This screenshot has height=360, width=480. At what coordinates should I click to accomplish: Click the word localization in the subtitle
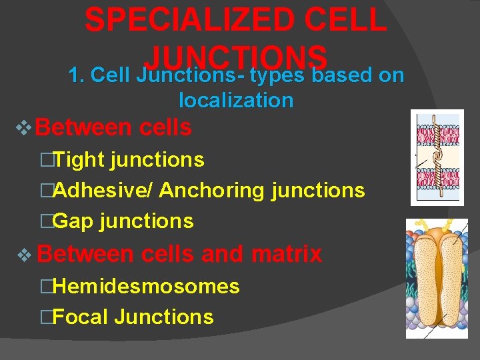[236, 101]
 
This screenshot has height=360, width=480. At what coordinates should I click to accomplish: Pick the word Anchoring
[212, 191]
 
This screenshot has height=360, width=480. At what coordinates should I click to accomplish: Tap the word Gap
[73, 221]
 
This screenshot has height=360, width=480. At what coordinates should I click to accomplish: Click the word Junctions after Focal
[164, 317]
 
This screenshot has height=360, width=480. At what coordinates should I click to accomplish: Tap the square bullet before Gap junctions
[45, 221]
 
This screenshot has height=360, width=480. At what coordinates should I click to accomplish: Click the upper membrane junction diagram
[437, 157]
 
